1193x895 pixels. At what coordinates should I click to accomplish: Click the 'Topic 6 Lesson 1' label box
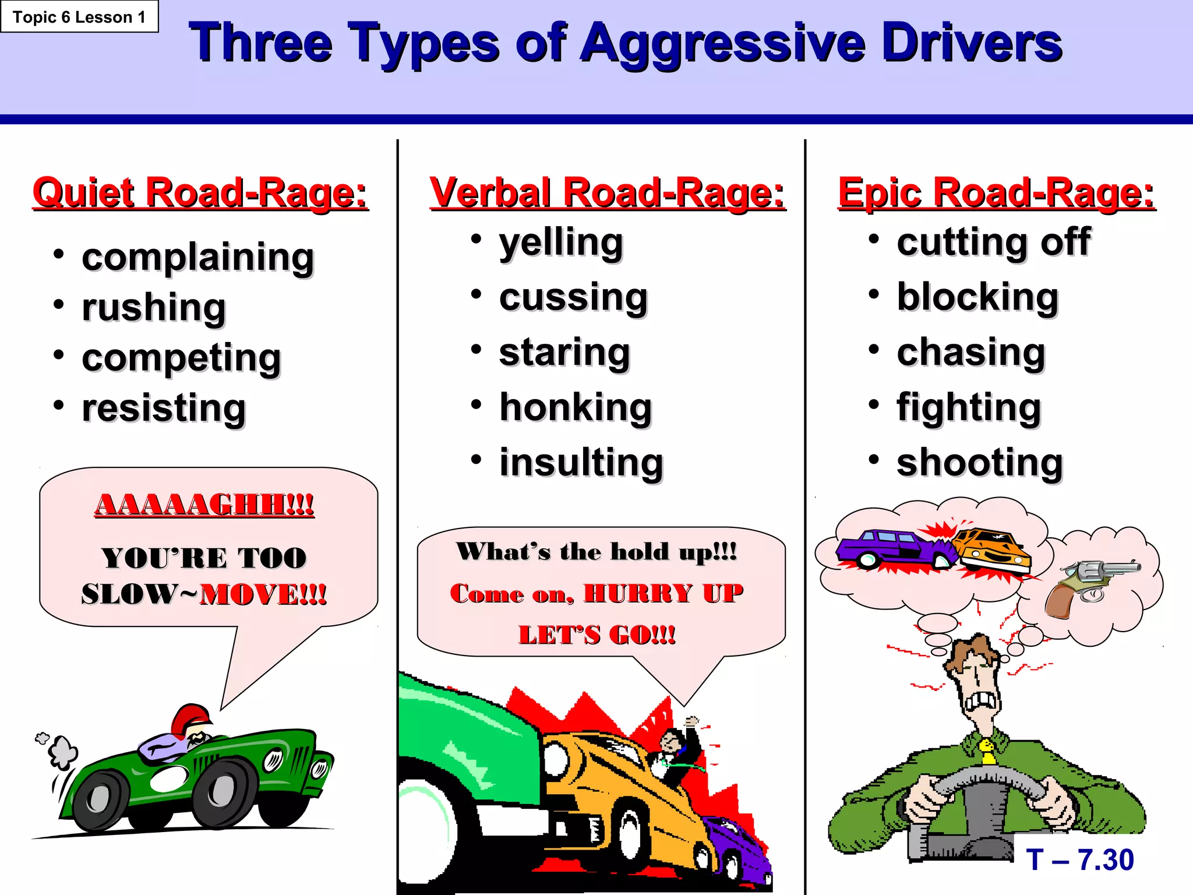tap(79, 17)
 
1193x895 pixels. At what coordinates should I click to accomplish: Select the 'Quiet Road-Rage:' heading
tap(200, 193)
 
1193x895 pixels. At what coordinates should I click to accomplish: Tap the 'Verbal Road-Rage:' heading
tap(607, 193)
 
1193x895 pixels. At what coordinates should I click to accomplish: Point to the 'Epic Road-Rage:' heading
tap(996, 193)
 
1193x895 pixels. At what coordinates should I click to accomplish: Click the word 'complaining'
tap(198, 258)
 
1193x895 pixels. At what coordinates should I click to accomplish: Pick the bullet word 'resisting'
tap(164, 408)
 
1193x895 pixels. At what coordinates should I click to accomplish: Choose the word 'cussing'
tap(573, 298)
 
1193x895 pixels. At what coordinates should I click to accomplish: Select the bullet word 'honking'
tap(576, 407)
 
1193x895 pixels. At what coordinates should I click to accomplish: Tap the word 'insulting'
tap(581, 463)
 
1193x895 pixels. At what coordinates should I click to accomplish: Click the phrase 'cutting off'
tap(994, 242)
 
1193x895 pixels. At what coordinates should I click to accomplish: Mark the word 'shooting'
tap(980, 463)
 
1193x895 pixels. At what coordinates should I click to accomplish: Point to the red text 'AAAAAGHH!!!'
tap(204, 505)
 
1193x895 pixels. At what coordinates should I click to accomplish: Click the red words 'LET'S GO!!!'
tap(597, 635)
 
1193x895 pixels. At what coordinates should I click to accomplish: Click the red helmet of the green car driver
tap(190, 717)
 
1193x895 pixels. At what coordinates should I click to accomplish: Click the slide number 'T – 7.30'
tap(1080, 860)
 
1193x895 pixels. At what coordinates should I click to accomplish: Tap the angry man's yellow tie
tap(987, 752)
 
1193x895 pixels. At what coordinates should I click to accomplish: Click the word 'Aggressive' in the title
tap(722, 43)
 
